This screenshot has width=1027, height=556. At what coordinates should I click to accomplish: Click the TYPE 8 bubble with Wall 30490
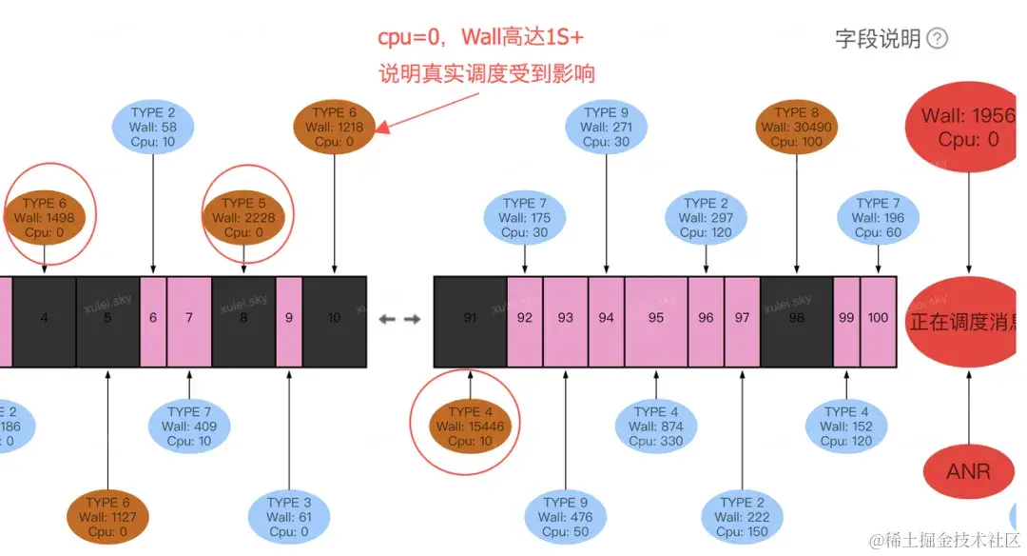point(797,127)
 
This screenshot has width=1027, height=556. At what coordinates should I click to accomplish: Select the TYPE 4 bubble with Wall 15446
point(471,427)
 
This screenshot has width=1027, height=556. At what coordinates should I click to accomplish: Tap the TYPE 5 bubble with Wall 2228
point(244,217)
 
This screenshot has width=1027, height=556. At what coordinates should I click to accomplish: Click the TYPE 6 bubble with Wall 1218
point(334,127)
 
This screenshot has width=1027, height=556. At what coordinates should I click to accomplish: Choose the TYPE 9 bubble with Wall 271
point(604,127)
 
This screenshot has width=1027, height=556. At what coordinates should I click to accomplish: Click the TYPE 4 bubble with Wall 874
point(655,427)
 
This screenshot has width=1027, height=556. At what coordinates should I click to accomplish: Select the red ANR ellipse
point(968,471)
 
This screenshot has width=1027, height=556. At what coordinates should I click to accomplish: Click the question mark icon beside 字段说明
point(938,38)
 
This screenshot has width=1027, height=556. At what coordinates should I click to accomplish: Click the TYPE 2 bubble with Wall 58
point(152,127)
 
